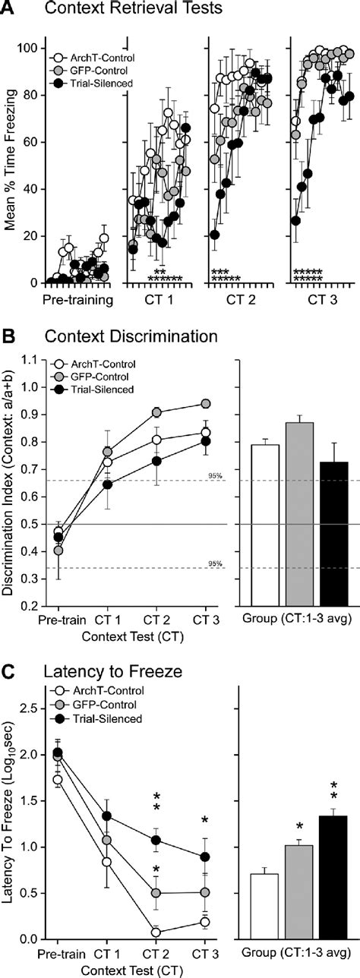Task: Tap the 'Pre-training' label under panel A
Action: point(80,299)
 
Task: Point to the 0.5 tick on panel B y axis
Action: point(33,525)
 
